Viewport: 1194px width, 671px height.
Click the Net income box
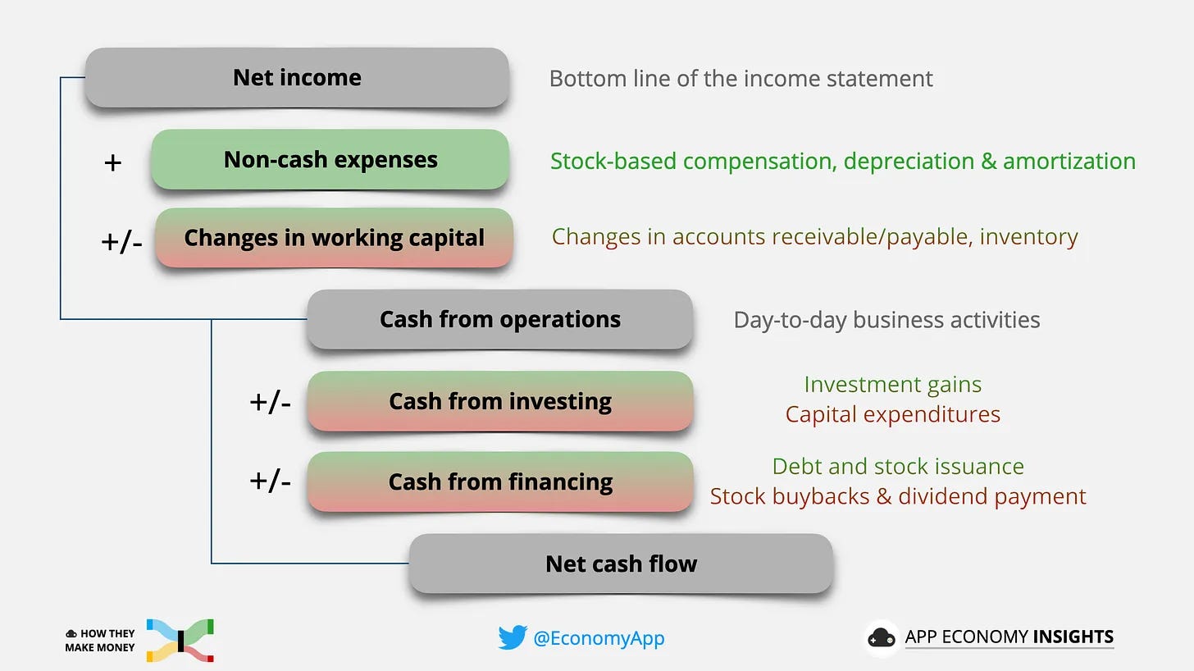coord(297,78)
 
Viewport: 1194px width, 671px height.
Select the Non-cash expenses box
coord(330,159)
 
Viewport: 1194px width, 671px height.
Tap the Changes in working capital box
coord(334,238)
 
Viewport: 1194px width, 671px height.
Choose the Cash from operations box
coord(499,319)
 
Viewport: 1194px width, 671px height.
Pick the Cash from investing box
coord(499,401)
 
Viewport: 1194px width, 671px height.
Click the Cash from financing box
coord(499,482)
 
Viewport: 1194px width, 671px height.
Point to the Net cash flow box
coord(621,564)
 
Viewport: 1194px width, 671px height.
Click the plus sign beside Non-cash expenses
coord(113,162)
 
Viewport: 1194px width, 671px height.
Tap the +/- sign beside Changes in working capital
coord(121,242)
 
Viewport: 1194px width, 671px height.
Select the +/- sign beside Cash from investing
coord(270,403)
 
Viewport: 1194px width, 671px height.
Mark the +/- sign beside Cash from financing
coord(270,481)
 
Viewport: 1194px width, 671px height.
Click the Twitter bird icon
coord(512,638)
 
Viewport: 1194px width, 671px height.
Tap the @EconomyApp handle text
coord(599,638)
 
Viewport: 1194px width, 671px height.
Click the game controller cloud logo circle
coord(882,638)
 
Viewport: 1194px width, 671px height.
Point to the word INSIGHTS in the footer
coord(1073,637)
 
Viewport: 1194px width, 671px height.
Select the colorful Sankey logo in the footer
coord(180,640)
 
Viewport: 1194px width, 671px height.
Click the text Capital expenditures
coord(892,414)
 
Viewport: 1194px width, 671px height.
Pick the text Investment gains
coord(892,384)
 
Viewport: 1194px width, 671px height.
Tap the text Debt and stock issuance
coord(898,466)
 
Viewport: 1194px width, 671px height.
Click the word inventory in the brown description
coord(1028,236)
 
